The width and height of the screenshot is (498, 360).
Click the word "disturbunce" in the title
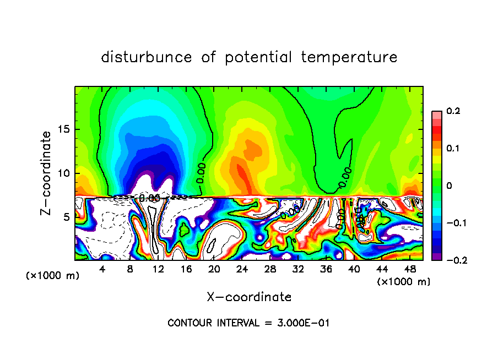[x=147, y=57]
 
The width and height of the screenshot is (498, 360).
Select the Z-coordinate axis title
[x=47, y=173]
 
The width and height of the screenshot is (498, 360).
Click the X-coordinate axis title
[x=249, y=297]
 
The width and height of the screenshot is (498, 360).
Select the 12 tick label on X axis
[x=158, y=269]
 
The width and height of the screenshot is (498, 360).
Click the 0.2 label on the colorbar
[x=453, y=111]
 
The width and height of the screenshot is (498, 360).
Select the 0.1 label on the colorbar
[x=453, y=149]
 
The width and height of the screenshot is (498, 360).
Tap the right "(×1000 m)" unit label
[x=403, y=282]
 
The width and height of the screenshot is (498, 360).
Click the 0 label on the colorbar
[x=449, y=186]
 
